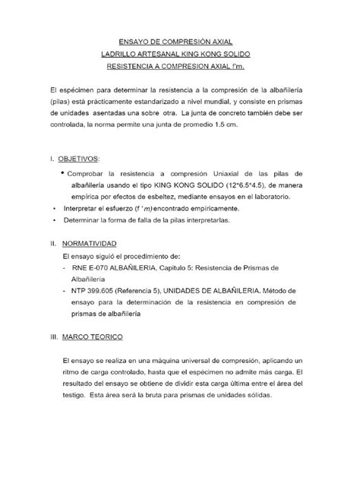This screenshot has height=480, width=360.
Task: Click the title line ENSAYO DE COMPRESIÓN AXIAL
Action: click(180, 43)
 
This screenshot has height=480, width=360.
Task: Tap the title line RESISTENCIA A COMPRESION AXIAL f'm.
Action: click(180, 68)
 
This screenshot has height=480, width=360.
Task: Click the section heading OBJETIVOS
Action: click(79, 159)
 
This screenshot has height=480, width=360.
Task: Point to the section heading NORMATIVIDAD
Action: click(90, 245)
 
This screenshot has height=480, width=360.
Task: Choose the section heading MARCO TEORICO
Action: click(90, 336)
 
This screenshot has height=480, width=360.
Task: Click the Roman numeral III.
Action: click(53, 336)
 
